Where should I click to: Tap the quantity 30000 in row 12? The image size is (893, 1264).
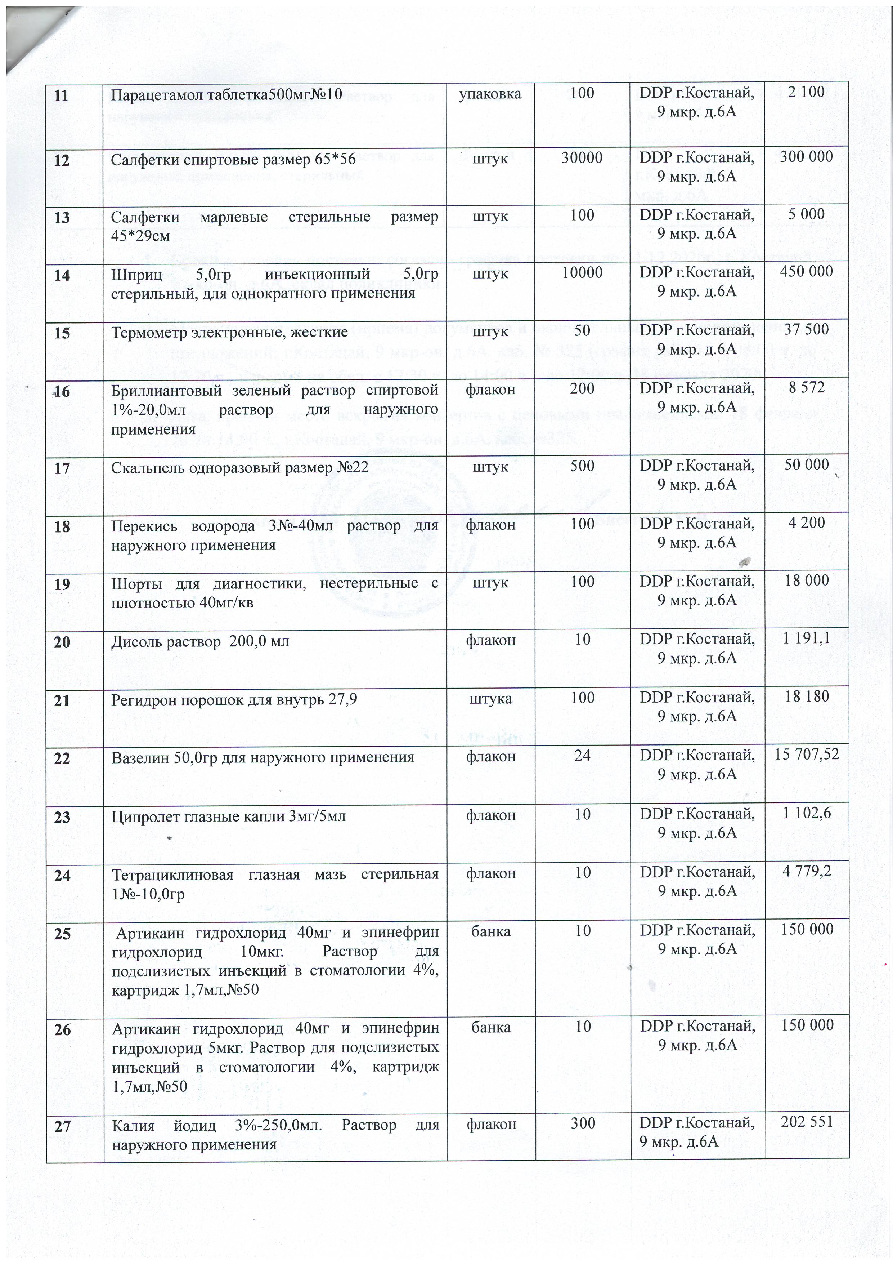tap(582, 157)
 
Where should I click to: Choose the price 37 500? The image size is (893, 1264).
tap(807, 330)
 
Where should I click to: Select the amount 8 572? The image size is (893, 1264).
tap(807, 388)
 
